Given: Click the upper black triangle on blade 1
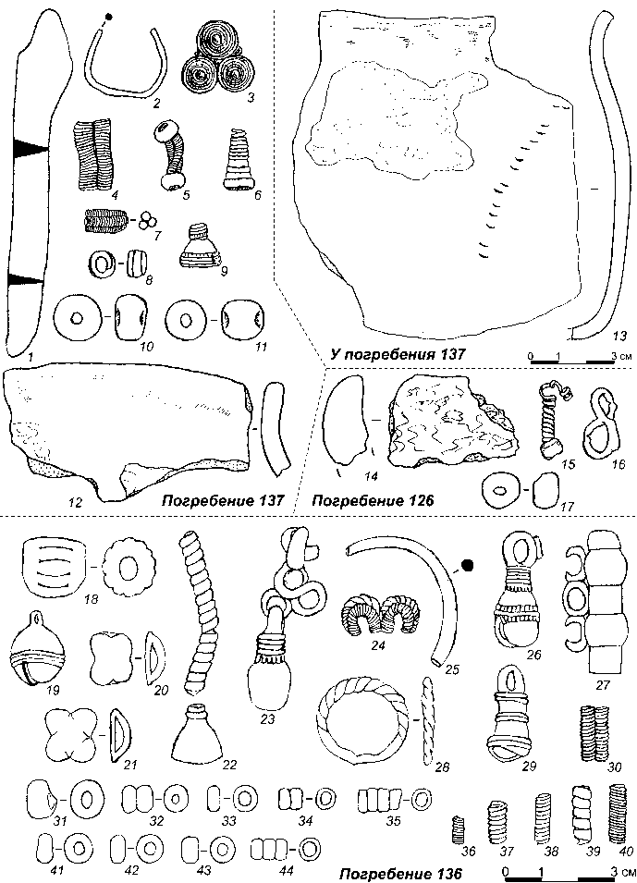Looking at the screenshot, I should coord(31,148).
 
